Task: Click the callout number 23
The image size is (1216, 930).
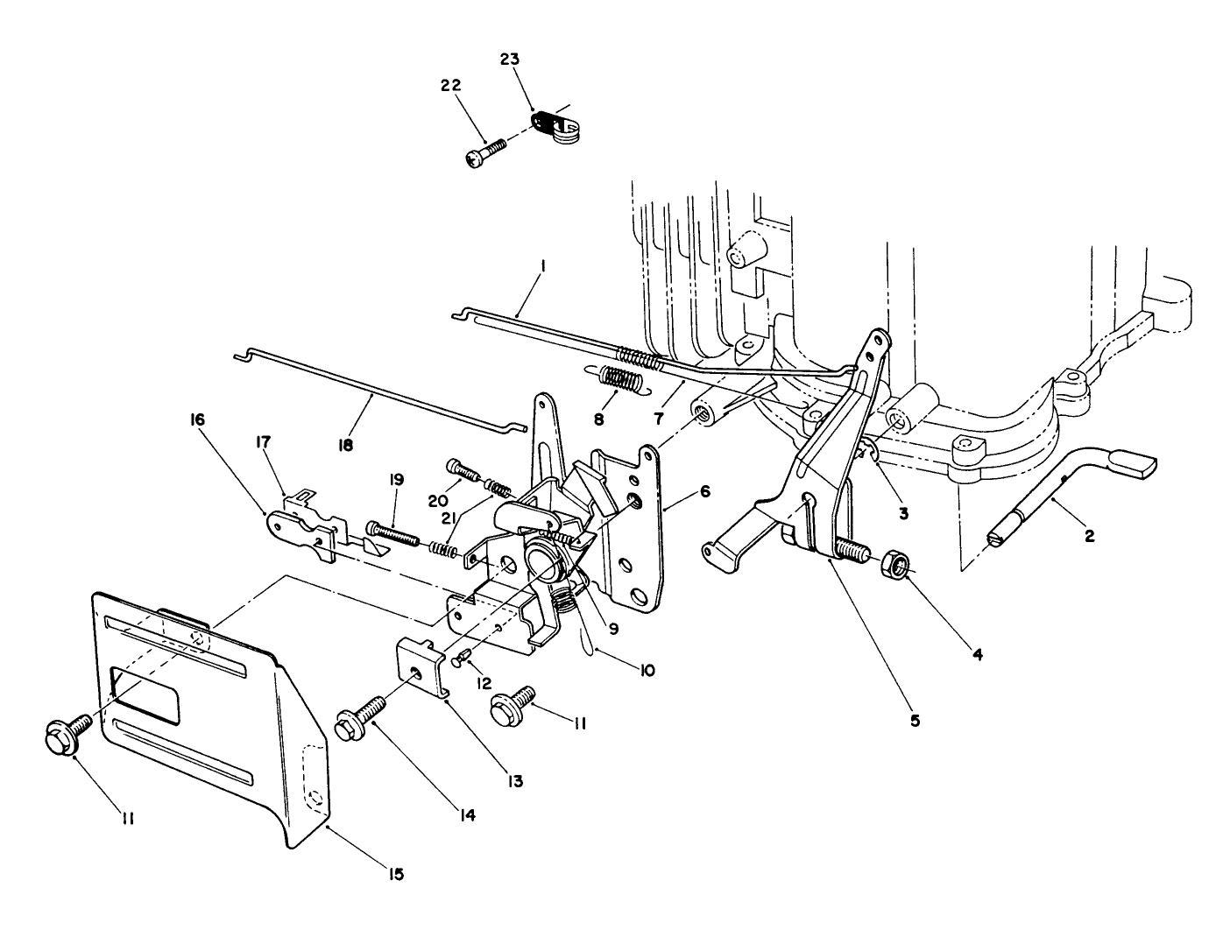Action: click(x=510, y=60)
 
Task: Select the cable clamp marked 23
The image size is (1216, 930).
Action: click(x=555, y=126)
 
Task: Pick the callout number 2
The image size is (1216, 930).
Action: click(x=1089, y=537)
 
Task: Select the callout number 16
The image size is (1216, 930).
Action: click(x=195, y=419)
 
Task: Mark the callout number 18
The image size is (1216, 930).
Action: click(x=345, y=445)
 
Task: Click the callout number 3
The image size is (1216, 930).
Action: click(x=902, y=513)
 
